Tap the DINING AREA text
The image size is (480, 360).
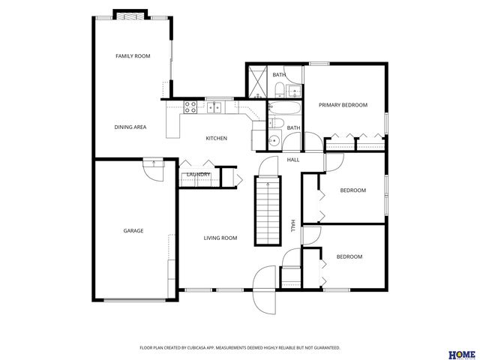(130, 127)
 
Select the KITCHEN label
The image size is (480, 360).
(217, 139)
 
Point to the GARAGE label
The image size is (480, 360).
(133, 231)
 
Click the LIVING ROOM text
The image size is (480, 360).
(220, 238)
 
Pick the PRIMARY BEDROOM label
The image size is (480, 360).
(343, 105)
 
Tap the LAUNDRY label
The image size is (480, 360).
(198, 175)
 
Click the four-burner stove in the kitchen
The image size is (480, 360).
(190, 106)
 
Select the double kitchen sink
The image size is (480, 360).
(214, 107)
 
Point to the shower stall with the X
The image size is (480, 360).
(257, 82)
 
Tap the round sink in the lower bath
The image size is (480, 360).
(274, 140)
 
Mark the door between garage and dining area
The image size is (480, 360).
(153, 169)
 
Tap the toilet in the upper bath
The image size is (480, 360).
(279, 91)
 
